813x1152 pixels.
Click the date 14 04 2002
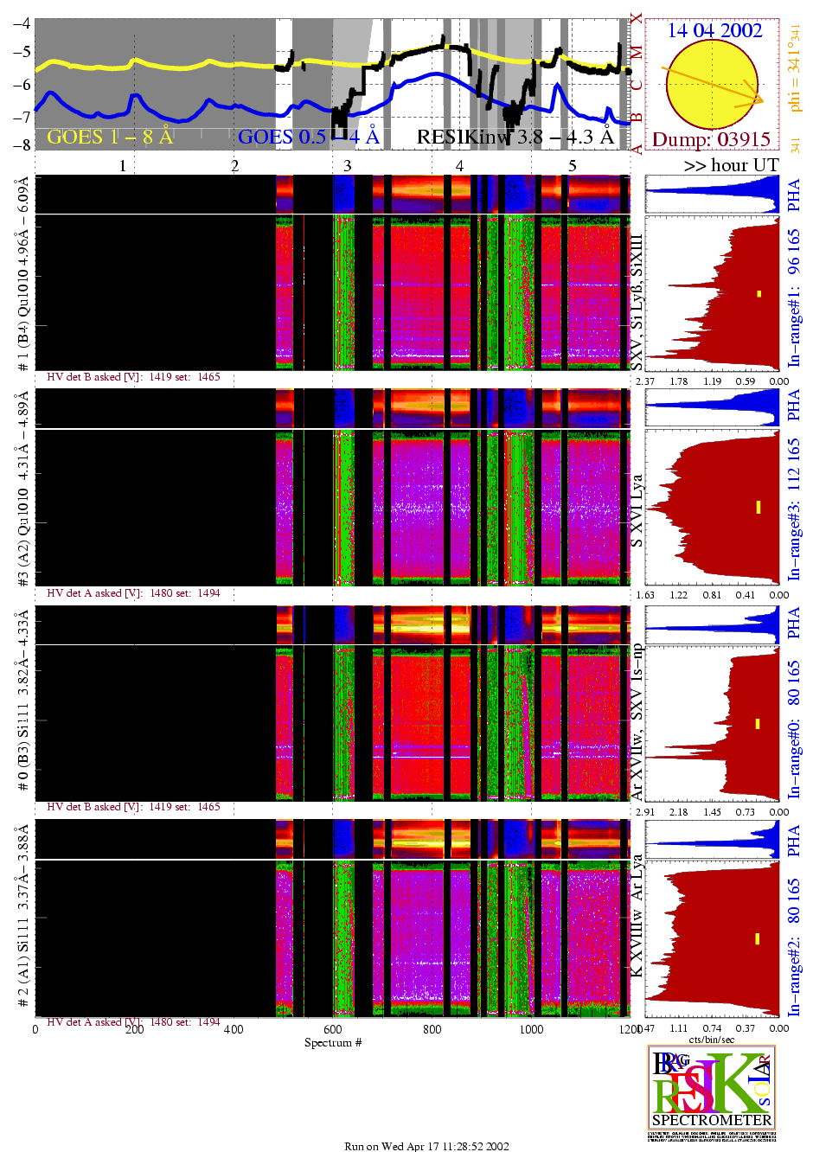(714, 30)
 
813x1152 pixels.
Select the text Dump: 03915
(711, 139)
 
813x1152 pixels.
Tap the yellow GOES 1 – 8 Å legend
(110, 137)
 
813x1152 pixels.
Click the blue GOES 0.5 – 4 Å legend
(308, 137)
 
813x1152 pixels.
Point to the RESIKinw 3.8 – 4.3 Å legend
(515, 137)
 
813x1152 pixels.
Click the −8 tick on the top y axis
(21, 144)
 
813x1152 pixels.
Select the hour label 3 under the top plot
(347, 165)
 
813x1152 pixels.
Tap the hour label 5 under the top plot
(572, 165)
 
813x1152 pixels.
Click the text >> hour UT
(731, 165)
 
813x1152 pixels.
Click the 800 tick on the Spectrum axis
(432, 1029)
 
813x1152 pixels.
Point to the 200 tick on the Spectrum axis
(134, 1029)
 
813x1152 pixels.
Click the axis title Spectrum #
(333, 1042)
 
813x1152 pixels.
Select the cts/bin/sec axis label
(712, 1040)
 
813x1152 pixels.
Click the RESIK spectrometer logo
(711, 1091)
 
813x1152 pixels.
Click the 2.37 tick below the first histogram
(644, 381)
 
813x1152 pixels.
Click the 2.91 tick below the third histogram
(644, 812)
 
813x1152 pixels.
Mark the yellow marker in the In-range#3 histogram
(759, 507)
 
